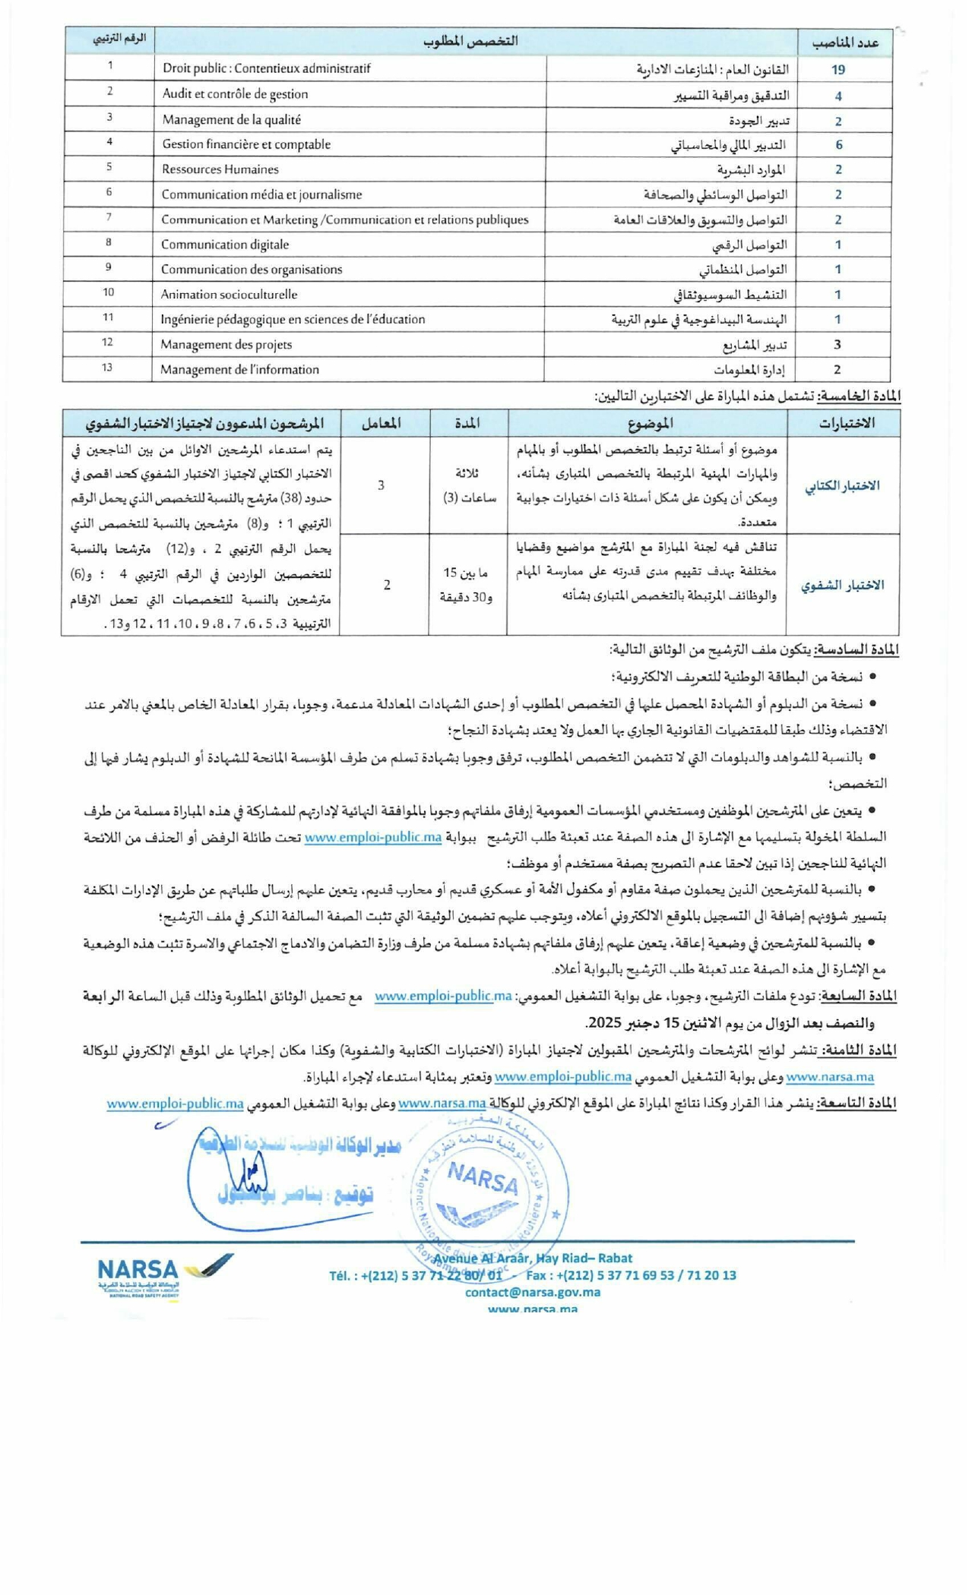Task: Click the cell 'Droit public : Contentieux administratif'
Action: (x=266, y=68)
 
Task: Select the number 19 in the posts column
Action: (x=838, y=70)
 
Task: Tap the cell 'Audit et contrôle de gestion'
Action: (x=235, y=94)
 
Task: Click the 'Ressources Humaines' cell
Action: (x=220, y=169)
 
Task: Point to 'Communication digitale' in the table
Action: (x=225, y=245)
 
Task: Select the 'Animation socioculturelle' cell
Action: (x=229, y=295)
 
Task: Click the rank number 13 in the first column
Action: (x=107, y=368)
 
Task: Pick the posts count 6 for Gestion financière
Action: (x=838, y=144)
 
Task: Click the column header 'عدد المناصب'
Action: (x=844, y=43)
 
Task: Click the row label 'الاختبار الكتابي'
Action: (x=841, y=486)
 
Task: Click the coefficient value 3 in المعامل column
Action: (x=381, y=485)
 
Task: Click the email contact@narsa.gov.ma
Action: (x=532, y=1292)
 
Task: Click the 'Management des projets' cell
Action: (x=226, y=345)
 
